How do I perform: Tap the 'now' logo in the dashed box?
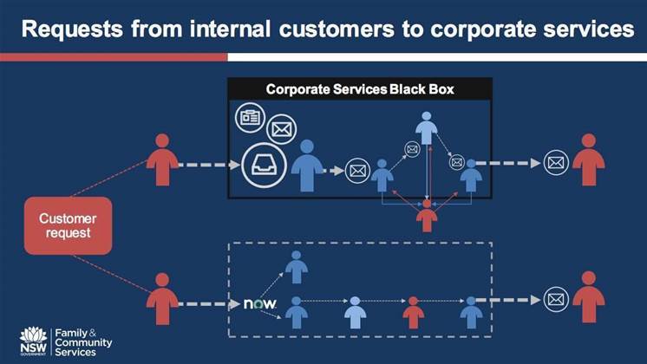coord(259,304)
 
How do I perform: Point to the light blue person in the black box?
coord(425,131)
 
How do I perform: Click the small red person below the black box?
coord(426,214)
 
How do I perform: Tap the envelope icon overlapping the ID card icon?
coord(281,130)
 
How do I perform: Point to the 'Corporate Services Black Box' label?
coord(360,88)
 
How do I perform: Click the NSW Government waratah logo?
coord(33,341)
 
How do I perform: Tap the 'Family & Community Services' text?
coord(82,341)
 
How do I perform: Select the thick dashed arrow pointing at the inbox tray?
coord(208,163)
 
